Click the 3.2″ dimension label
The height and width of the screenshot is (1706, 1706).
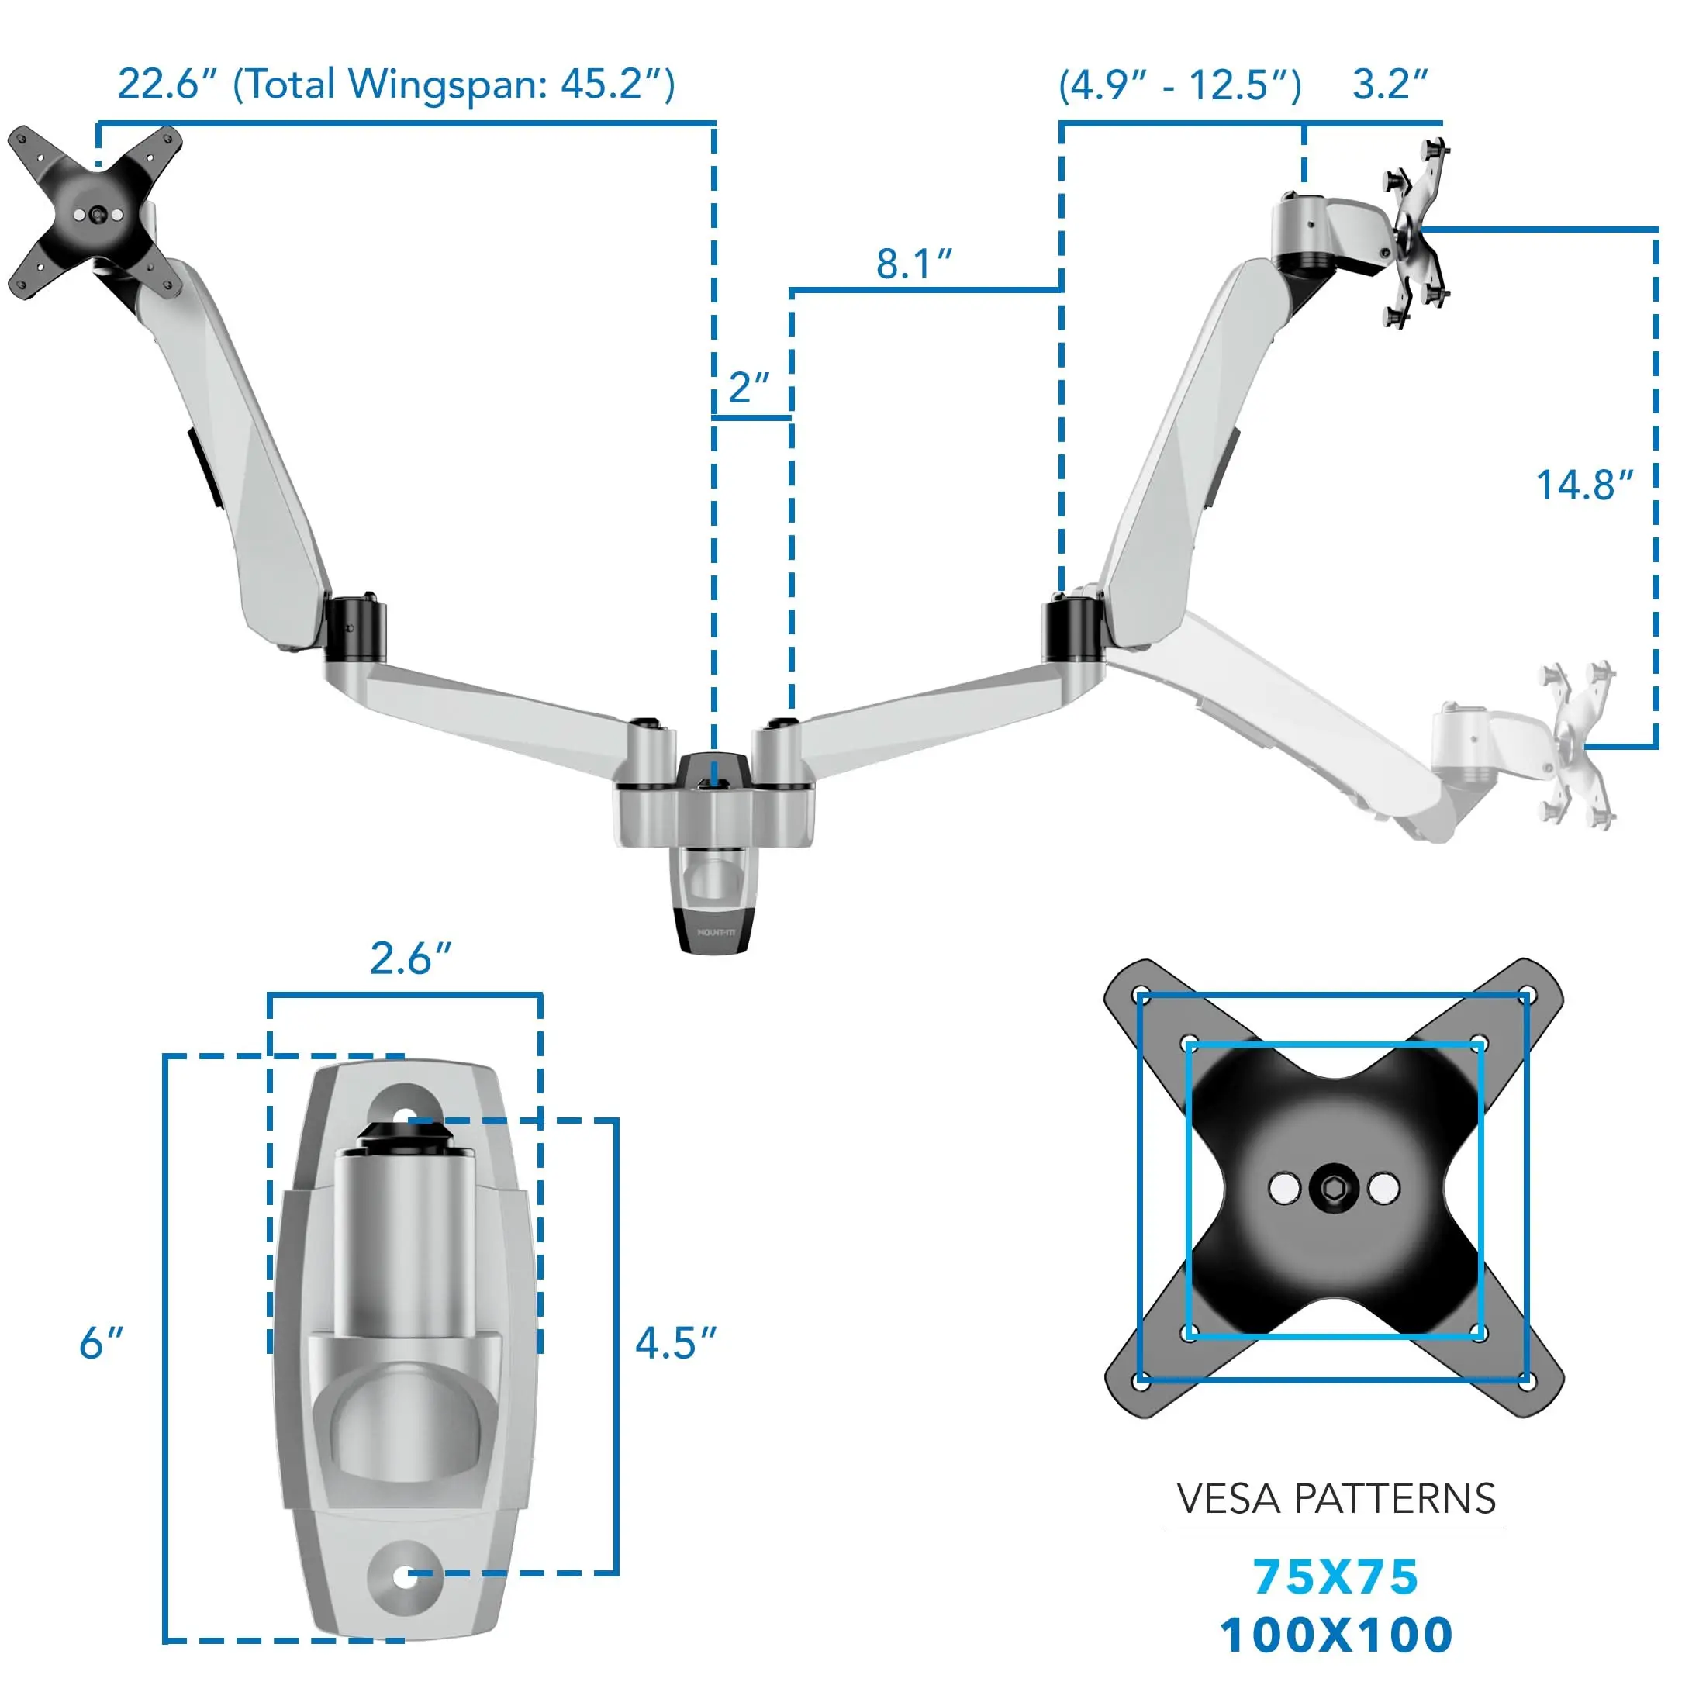click(x=1389, y=85)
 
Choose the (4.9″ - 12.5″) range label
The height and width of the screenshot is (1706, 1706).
click(x=1179, y=85)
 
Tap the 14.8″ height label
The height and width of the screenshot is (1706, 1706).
click(x=1584, y=485)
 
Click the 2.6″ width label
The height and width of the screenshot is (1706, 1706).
click(x=409, y=959)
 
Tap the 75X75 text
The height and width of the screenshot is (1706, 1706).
click(x=1335, y=1577)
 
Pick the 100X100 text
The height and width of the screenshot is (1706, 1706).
click(x=1335, y=1635)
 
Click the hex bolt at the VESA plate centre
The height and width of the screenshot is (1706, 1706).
click(x=1333, y=1189)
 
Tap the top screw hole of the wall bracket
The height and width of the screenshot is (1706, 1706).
click(x=406, y=1116)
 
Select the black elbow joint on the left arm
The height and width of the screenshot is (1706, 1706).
click(x=354, y=630)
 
